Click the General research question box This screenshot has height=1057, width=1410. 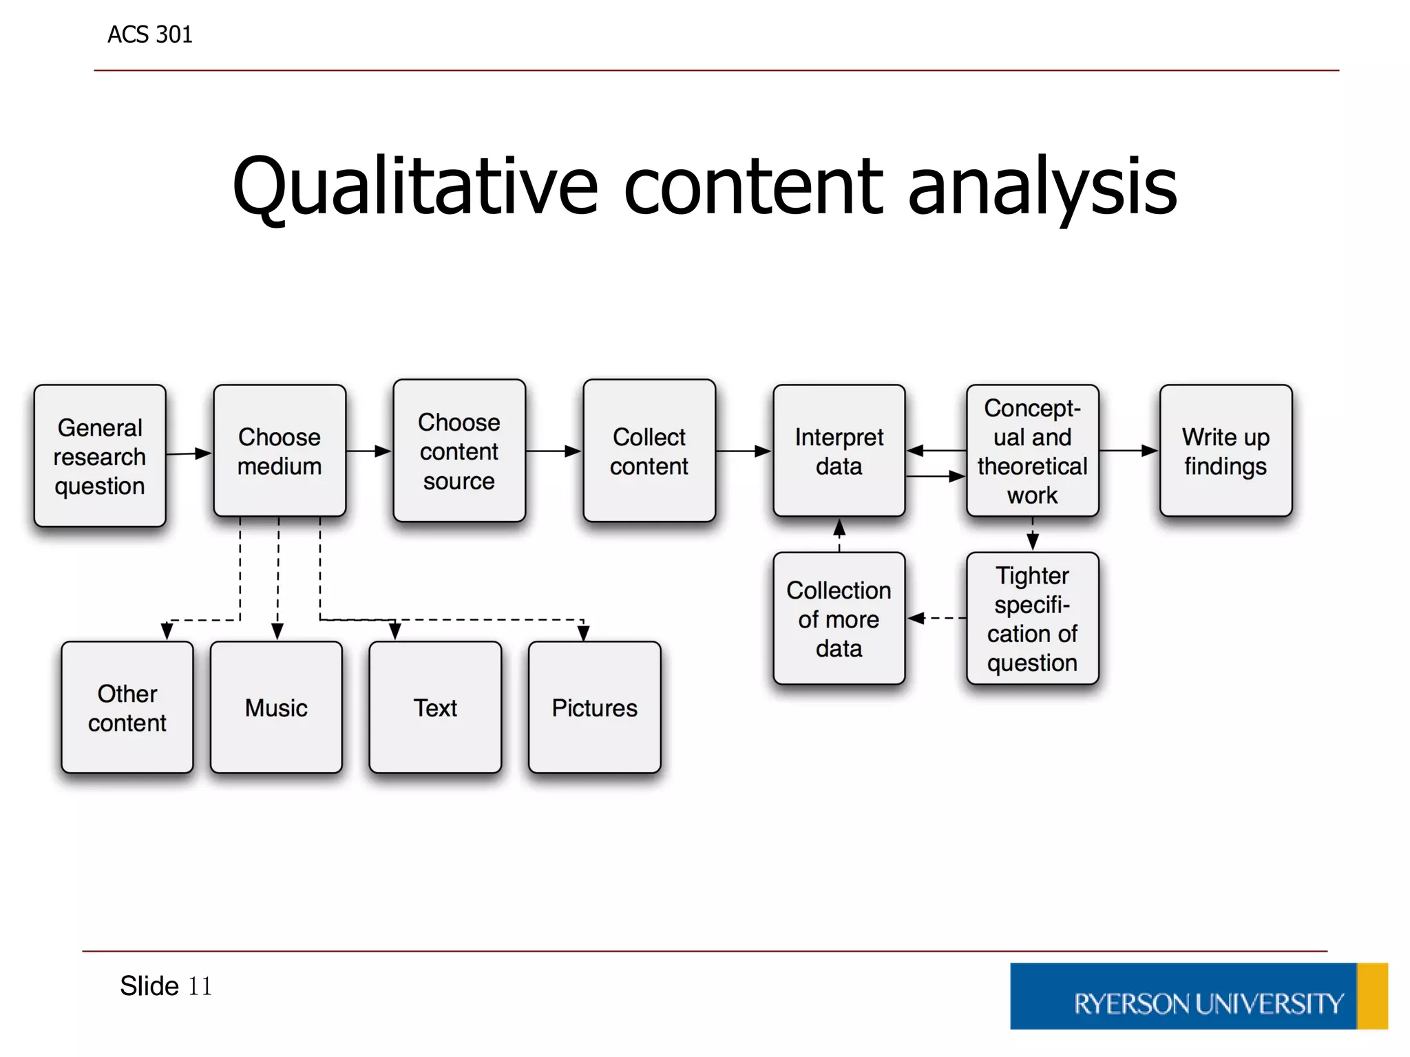point(100,456)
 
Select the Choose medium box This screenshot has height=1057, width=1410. point(280,451)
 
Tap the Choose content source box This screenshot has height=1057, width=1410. point(459,451)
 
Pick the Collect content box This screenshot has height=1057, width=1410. point(649,451)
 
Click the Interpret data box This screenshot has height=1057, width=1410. point(839,451)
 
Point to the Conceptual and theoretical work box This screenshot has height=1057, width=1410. point(1032,451)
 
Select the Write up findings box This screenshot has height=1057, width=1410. point(1225,451)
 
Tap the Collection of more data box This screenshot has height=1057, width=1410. point(839,619)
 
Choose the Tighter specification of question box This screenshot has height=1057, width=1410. point(1032,619)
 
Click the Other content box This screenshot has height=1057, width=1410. point(127,707)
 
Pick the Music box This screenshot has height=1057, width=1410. point(276,707)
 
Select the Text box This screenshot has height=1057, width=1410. point(435,707)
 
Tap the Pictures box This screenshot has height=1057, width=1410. point(595,707)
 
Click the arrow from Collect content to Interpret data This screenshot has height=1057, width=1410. point(744,451)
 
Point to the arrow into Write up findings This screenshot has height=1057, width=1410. point(1129,451)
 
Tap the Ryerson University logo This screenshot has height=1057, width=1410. point(1198,996)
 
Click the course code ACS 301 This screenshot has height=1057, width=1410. point(150,34)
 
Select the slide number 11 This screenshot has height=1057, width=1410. point(200,986)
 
